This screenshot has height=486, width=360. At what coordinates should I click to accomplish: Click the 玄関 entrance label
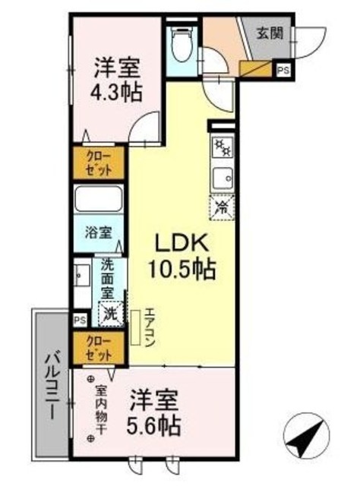coord(268,33)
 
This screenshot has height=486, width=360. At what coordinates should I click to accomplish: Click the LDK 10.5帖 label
coord(185,257)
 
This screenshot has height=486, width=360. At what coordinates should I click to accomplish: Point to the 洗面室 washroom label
coord(109,279)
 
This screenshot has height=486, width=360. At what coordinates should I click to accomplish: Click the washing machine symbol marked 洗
coord(111,312)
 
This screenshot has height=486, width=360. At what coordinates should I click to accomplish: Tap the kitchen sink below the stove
coord(222,178)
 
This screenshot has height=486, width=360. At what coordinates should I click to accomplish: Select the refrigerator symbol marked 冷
coord(222,205)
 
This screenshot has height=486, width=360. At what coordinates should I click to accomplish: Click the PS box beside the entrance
coord(283,71)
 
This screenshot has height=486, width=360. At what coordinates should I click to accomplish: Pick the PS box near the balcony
coord(80,320)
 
